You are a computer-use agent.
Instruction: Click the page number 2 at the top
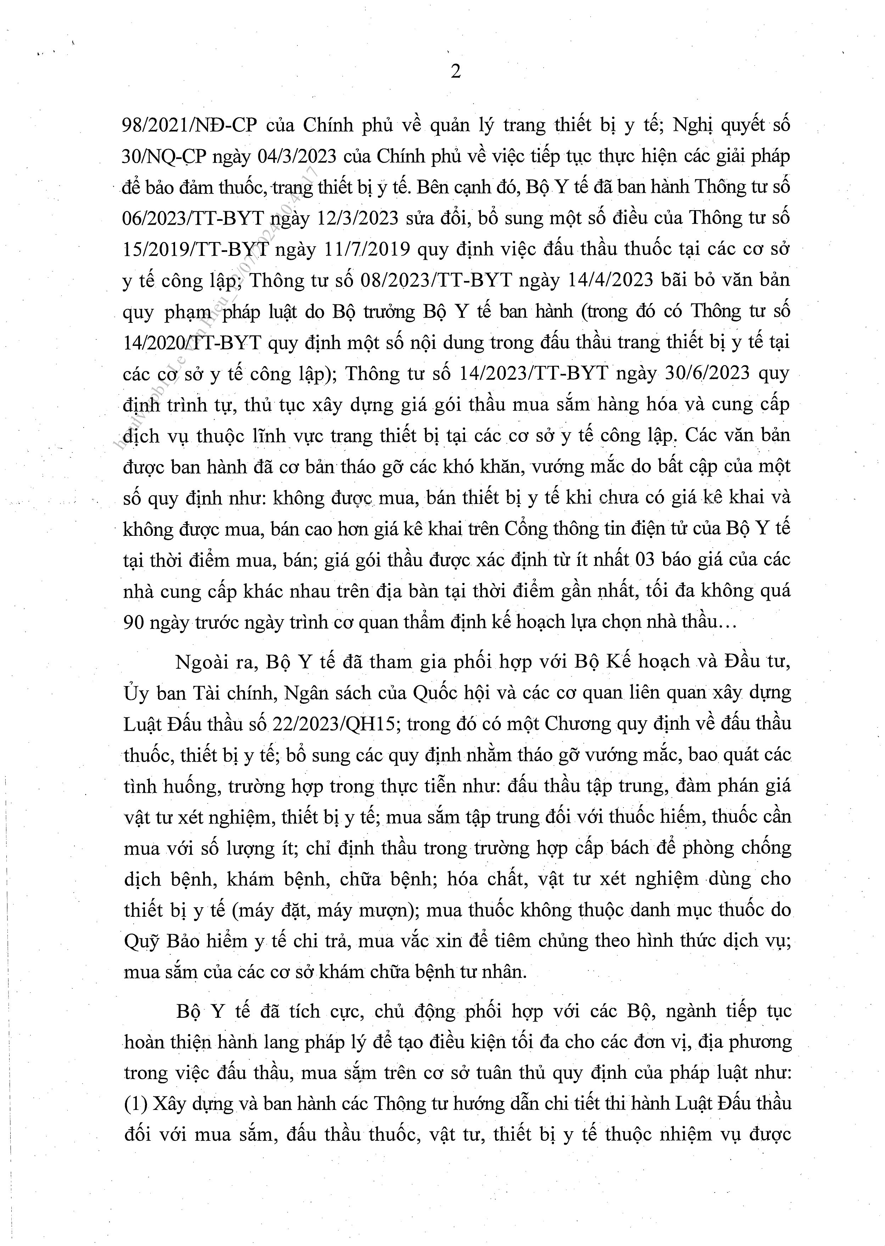(455, 71)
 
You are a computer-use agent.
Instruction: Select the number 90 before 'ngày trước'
(134, 623)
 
